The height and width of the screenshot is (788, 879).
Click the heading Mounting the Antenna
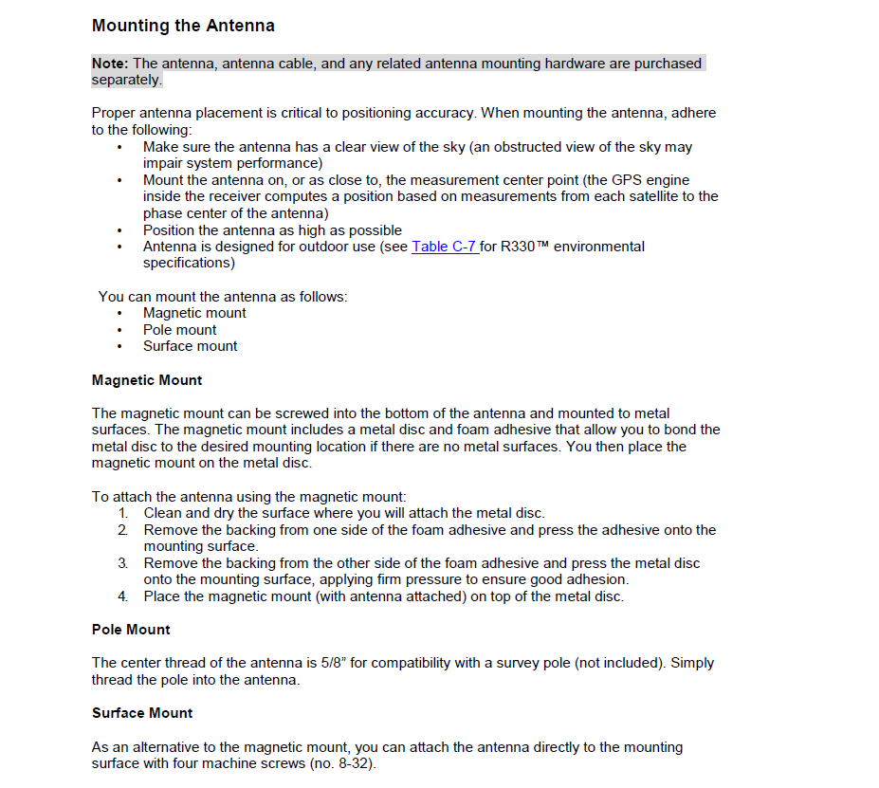pyautogui.click(x=183, y=26)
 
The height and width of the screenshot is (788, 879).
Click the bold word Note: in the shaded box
pyautogui.click(x=110, y=64)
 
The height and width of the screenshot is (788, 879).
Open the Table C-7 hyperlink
pyautogui.click(x=444, y=247)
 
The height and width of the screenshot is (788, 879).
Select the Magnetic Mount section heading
pyautogui.click(x=147, y=380)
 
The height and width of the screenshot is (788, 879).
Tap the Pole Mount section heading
pyautogui.click(x=131, y=630)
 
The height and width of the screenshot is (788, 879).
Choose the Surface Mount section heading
pyautogui.click(x=142, y=713)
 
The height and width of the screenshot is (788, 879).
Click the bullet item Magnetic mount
pyautogui.click(x=194, y=313)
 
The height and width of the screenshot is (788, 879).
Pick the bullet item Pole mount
pyautogui.click(x=179, y=330)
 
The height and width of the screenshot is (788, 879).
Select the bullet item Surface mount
pyautogui.click(x=190, y=346)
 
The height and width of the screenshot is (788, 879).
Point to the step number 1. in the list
pyautogui.click(x=123, y=513)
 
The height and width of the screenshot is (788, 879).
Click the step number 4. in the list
pyautogui.click(x=123, y=596)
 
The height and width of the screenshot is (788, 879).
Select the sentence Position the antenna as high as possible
pyautogui.click(x=272, y=230)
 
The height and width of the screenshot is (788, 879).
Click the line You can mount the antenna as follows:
pyautogui.click(x=223, y=297)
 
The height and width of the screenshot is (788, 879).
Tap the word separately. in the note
pyautogui.click(x=127, y=80)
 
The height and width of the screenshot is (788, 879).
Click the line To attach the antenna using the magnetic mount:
pyautogui.click(x=248, y=496)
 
